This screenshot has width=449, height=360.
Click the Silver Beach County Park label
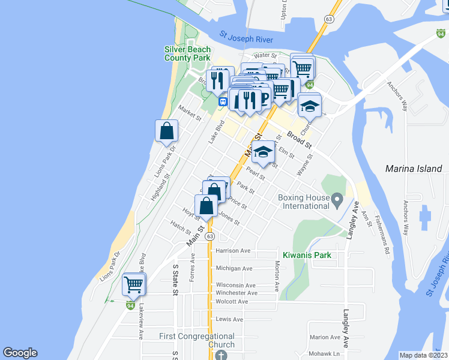188,53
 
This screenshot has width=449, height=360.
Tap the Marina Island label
414,169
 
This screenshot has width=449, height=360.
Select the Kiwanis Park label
307,255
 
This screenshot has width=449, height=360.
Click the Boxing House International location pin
337,199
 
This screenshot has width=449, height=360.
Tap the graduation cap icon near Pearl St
262,153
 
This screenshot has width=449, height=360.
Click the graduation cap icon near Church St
309,106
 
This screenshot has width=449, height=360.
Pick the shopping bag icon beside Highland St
166,130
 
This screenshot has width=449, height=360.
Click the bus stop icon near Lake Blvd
223,101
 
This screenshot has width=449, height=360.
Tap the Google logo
20,353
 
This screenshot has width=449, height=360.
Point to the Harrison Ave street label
233,250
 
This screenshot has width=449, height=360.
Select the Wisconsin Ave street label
236,285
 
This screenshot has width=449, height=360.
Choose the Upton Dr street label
284,10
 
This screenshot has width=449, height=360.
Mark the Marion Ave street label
325,337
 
